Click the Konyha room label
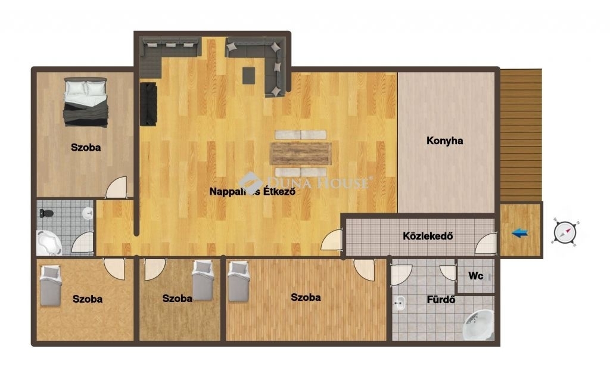pos(444,141)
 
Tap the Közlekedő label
pos(428,236)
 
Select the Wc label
pos(475,276)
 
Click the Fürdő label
pos(441,300)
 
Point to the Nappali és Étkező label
pos(253,191)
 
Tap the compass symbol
pos(565,233)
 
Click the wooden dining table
pos(301,153)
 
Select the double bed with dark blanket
pos(86,102)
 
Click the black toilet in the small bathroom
pos(46,213)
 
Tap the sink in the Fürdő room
pos(400,303)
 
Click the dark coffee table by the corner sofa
pos(248,76)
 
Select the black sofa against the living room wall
pos(148,104)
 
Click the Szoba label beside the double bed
pos(86,148)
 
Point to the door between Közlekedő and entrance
pos(486,244)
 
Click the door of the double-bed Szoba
pos(116,188)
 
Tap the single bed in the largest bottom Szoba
pos(238,281)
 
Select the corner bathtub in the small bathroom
pos(49,242)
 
